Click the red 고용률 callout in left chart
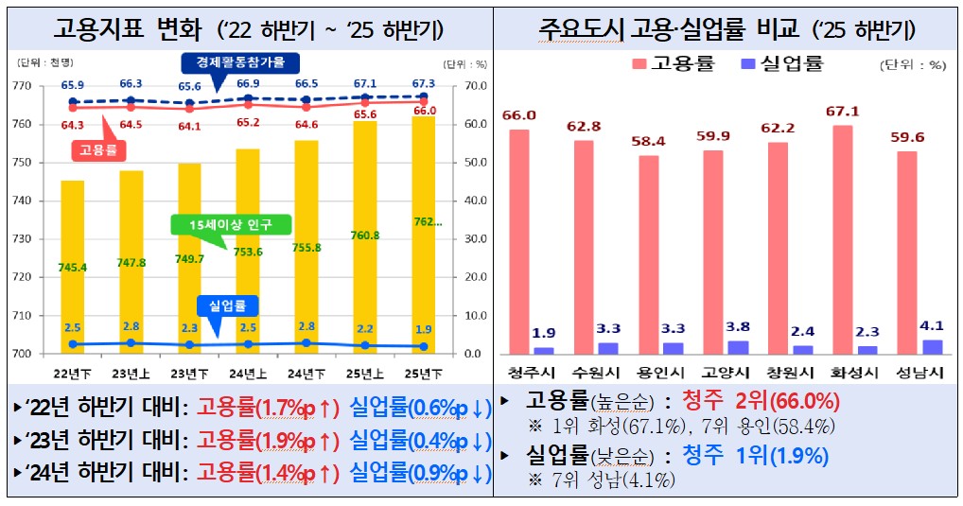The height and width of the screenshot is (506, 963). pyautogui.click(x=98, y=149)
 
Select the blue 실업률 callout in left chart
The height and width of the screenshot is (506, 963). pyautogui.click(x=227, y=306)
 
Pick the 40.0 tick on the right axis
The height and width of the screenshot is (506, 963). pyautogui.click(x=475, y=201)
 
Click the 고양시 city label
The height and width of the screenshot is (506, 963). pyautogui.click(x=722, y=371)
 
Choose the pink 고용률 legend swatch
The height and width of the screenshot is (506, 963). pyautogui.click(x=637, y=64)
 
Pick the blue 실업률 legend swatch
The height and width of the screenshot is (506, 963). pyautogui.click(x=748, y=64)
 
